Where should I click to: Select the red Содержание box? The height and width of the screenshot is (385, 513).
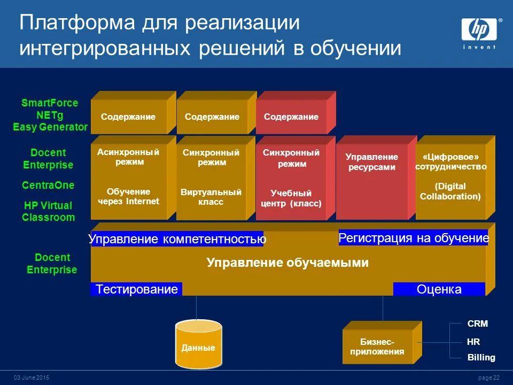tap(291, 117)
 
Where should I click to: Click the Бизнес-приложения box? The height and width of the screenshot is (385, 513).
tap(377, 346)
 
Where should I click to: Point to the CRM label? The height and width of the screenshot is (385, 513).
tap(477, 324)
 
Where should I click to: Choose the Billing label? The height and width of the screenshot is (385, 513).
tap(481, 357)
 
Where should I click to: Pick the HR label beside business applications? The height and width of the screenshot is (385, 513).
tap(473, 341)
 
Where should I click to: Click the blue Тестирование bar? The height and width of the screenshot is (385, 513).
tap(137, 289)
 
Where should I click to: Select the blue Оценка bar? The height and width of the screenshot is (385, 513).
tap(439, 289)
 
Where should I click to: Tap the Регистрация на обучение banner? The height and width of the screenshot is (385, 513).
tap(414, 238)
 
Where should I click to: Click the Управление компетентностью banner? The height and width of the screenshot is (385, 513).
tap(177, 239)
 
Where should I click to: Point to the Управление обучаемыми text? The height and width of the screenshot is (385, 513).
tap(287, 263)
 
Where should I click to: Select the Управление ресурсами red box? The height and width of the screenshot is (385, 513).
tap(372, 161)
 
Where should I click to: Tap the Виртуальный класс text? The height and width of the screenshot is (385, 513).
tap(211, 197)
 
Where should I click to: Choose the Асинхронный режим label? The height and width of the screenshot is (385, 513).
tap(128, 157)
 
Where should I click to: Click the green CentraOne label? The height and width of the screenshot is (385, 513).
tap(48, 185)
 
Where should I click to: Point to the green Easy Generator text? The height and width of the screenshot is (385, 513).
tap(50, 127)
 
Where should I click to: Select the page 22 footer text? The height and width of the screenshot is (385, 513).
tap(488, 378)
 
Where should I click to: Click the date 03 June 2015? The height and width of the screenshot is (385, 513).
tap(31, 378)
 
